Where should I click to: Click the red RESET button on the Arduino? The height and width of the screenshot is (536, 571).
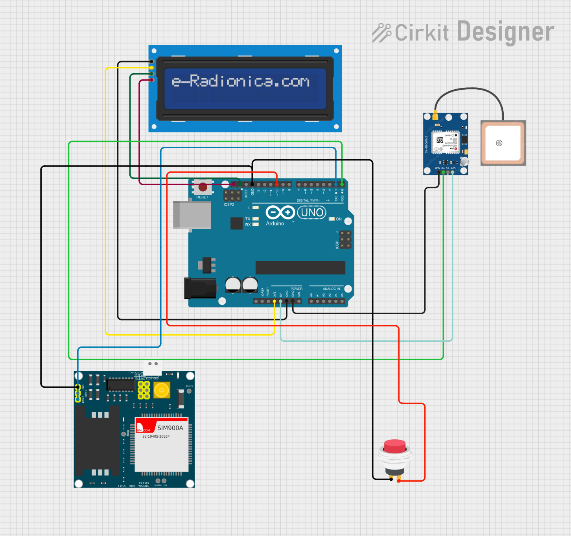(203, 187)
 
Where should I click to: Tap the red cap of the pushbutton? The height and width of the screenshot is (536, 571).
(394, 446)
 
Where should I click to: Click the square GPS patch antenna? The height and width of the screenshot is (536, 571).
(503, 143)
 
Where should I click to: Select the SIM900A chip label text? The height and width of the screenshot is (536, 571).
(170, 428)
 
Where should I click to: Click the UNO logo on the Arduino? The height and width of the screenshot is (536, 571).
(312, 213)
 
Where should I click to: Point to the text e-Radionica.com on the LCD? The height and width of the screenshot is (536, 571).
(241, 81)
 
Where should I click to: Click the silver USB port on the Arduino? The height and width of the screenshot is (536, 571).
(192, 215)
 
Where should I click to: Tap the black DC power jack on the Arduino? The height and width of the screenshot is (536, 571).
(200, 288)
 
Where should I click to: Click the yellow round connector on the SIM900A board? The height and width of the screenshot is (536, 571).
(161, 390)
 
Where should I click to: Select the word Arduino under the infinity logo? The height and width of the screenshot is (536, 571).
(275, 223)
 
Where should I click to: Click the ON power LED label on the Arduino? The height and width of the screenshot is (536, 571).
(338, 219)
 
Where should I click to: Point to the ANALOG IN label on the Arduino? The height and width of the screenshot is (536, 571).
(331, 289)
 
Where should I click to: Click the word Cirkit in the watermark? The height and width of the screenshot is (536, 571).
(422, 33)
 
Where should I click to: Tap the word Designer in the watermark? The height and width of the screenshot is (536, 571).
(506, 31)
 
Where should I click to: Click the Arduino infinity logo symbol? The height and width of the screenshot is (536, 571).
(280, 212)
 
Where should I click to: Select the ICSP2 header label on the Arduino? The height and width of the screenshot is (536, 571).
(228, 204)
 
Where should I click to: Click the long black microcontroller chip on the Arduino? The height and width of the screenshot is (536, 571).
(300, 267)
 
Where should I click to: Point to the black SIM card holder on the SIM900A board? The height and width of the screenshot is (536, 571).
(97, 440)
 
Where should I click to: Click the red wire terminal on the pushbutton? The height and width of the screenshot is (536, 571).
(399, 480)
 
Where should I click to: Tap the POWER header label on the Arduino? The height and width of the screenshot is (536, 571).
(297, 289)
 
